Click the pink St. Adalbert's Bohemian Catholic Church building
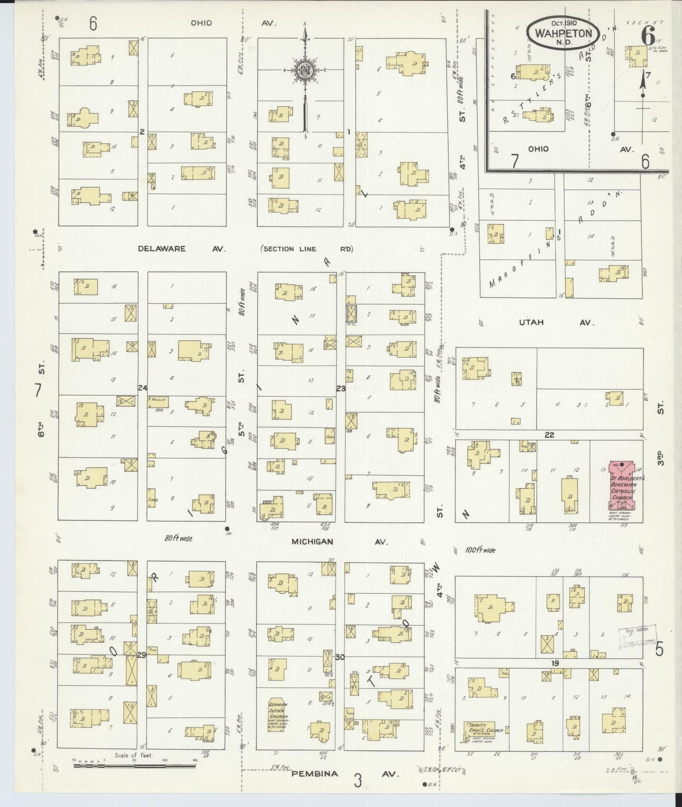pyautogui.click(x=622, y=491)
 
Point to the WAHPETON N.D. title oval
pyautogui.click(x=564, y=34)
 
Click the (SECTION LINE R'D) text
pyautogui.click(x=307, y=249)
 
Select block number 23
pyautogui.click(x=341, y=388)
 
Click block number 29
pyautogui.click(x=142, y=656)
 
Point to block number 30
pyautogui.click(x=340, y=657)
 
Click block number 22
pyautogui.click(x=549, y=435)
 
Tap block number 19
pyautogui.click(x=555, y=663)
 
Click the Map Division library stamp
pyautogui.click(x=636, y=635)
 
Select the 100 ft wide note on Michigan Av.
pyautogui.click(x=480, y=550)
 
